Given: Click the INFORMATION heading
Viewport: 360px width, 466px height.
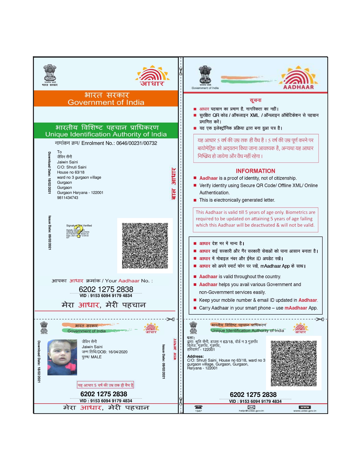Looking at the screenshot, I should pyautogui.click(x=255, y=171).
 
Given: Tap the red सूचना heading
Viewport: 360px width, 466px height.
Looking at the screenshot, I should pyautogui.click(x=256, y=100).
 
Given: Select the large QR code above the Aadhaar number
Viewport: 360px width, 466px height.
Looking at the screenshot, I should pyautogui.click(x=145, y=245).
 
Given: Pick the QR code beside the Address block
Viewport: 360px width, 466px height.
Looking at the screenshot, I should pyautogui.click(x=294, y=363).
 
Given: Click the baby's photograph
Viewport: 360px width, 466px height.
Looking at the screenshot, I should pyautogui.click(x=62, y=357).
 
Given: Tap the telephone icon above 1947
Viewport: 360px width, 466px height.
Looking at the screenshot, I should pyautogui.click(x=198, y=407).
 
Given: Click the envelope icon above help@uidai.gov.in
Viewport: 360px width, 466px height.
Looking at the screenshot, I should pyautogui.click(x=251, y=407).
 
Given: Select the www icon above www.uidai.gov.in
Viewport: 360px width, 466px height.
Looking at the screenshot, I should pyautogui.click(x=305, y=407).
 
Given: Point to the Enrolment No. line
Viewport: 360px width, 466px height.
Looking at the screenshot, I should pyautogui.click(x=106, y=143).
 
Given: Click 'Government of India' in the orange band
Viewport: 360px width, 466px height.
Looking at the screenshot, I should pyautogui.click(x=106, y=102).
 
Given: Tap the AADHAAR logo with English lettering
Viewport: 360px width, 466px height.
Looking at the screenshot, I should pyautogui.click(x=299, y=78).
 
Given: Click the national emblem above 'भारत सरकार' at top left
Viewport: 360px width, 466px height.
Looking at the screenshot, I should pyautogui.click(x=50, y=73).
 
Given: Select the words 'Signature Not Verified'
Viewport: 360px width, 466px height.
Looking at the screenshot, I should pyautogui.click(x=79, y=225).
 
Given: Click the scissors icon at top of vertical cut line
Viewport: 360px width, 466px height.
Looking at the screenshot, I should pyautogui.click(x=181, y=71).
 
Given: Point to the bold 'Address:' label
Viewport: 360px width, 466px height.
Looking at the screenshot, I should pyautogui.click(x=195, y=356).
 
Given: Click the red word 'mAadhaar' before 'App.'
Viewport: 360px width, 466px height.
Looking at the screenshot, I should pyautogui.click(x=296, y=308).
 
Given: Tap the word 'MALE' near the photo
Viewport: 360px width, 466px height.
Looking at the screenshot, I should pyautogui.click(x=96, y=357).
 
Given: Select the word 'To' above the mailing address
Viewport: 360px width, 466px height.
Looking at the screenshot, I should pyautogui.click(x=59, y=152).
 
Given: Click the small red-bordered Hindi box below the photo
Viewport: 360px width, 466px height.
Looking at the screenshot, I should pyautogui.click(x=105, y=385).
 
